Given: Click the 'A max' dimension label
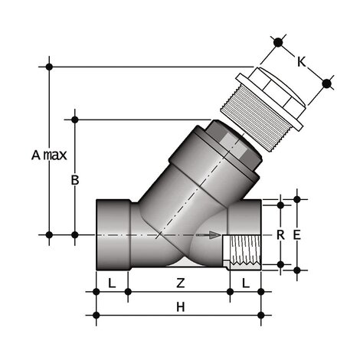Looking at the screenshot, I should pos(49,155).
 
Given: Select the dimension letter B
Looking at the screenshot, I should pos(75,181).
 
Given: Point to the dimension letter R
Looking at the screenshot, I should pos(280,234).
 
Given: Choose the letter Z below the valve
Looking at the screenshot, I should pos(180,283).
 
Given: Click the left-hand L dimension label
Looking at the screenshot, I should pos(112,283).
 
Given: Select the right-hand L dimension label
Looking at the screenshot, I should pos(246,283).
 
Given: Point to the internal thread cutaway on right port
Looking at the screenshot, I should pos(244,250).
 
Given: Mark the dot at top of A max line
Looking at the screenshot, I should pos(51,67).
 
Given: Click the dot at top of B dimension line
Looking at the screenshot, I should pos(75,119).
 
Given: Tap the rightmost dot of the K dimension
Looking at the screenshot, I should pos(328,82).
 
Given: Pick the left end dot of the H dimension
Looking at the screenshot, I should pos(97,314).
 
